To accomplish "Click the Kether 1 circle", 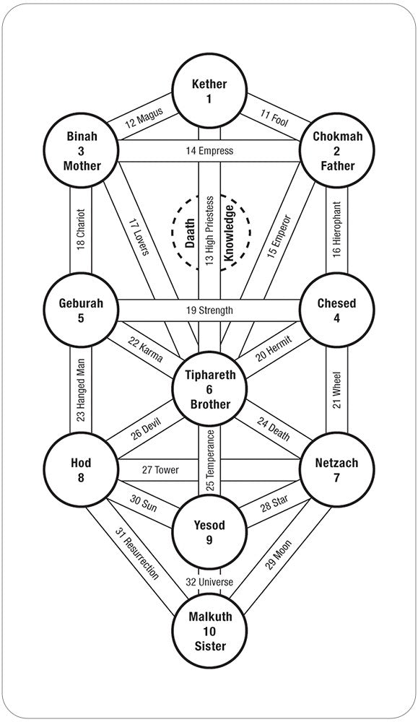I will click(x=209, y=91).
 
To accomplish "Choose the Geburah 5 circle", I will click(x=81, y=310).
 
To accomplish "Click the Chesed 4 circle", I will click(x=337, y=310).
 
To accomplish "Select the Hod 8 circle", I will click(x=81, y=470).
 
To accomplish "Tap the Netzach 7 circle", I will click(x=337, y=470).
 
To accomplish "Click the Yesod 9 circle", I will click(x=209, y=533).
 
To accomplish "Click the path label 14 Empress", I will click(x=209, y=151).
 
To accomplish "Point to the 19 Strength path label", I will click(x=209, y=310).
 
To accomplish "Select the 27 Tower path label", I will click(x=160, y=470).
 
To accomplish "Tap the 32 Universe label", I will click(x=209, y=580).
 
